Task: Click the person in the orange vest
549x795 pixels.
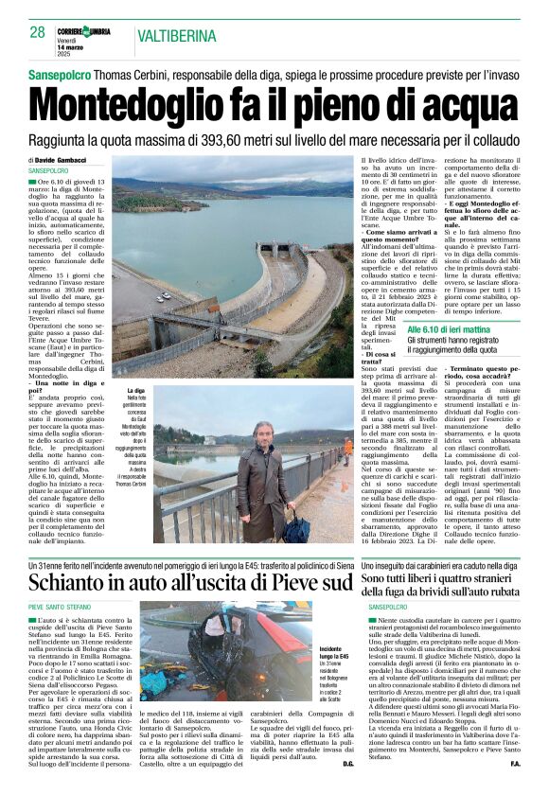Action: click(x=347, y=445)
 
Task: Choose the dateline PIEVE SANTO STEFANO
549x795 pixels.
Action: click(x=60, y=606)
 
